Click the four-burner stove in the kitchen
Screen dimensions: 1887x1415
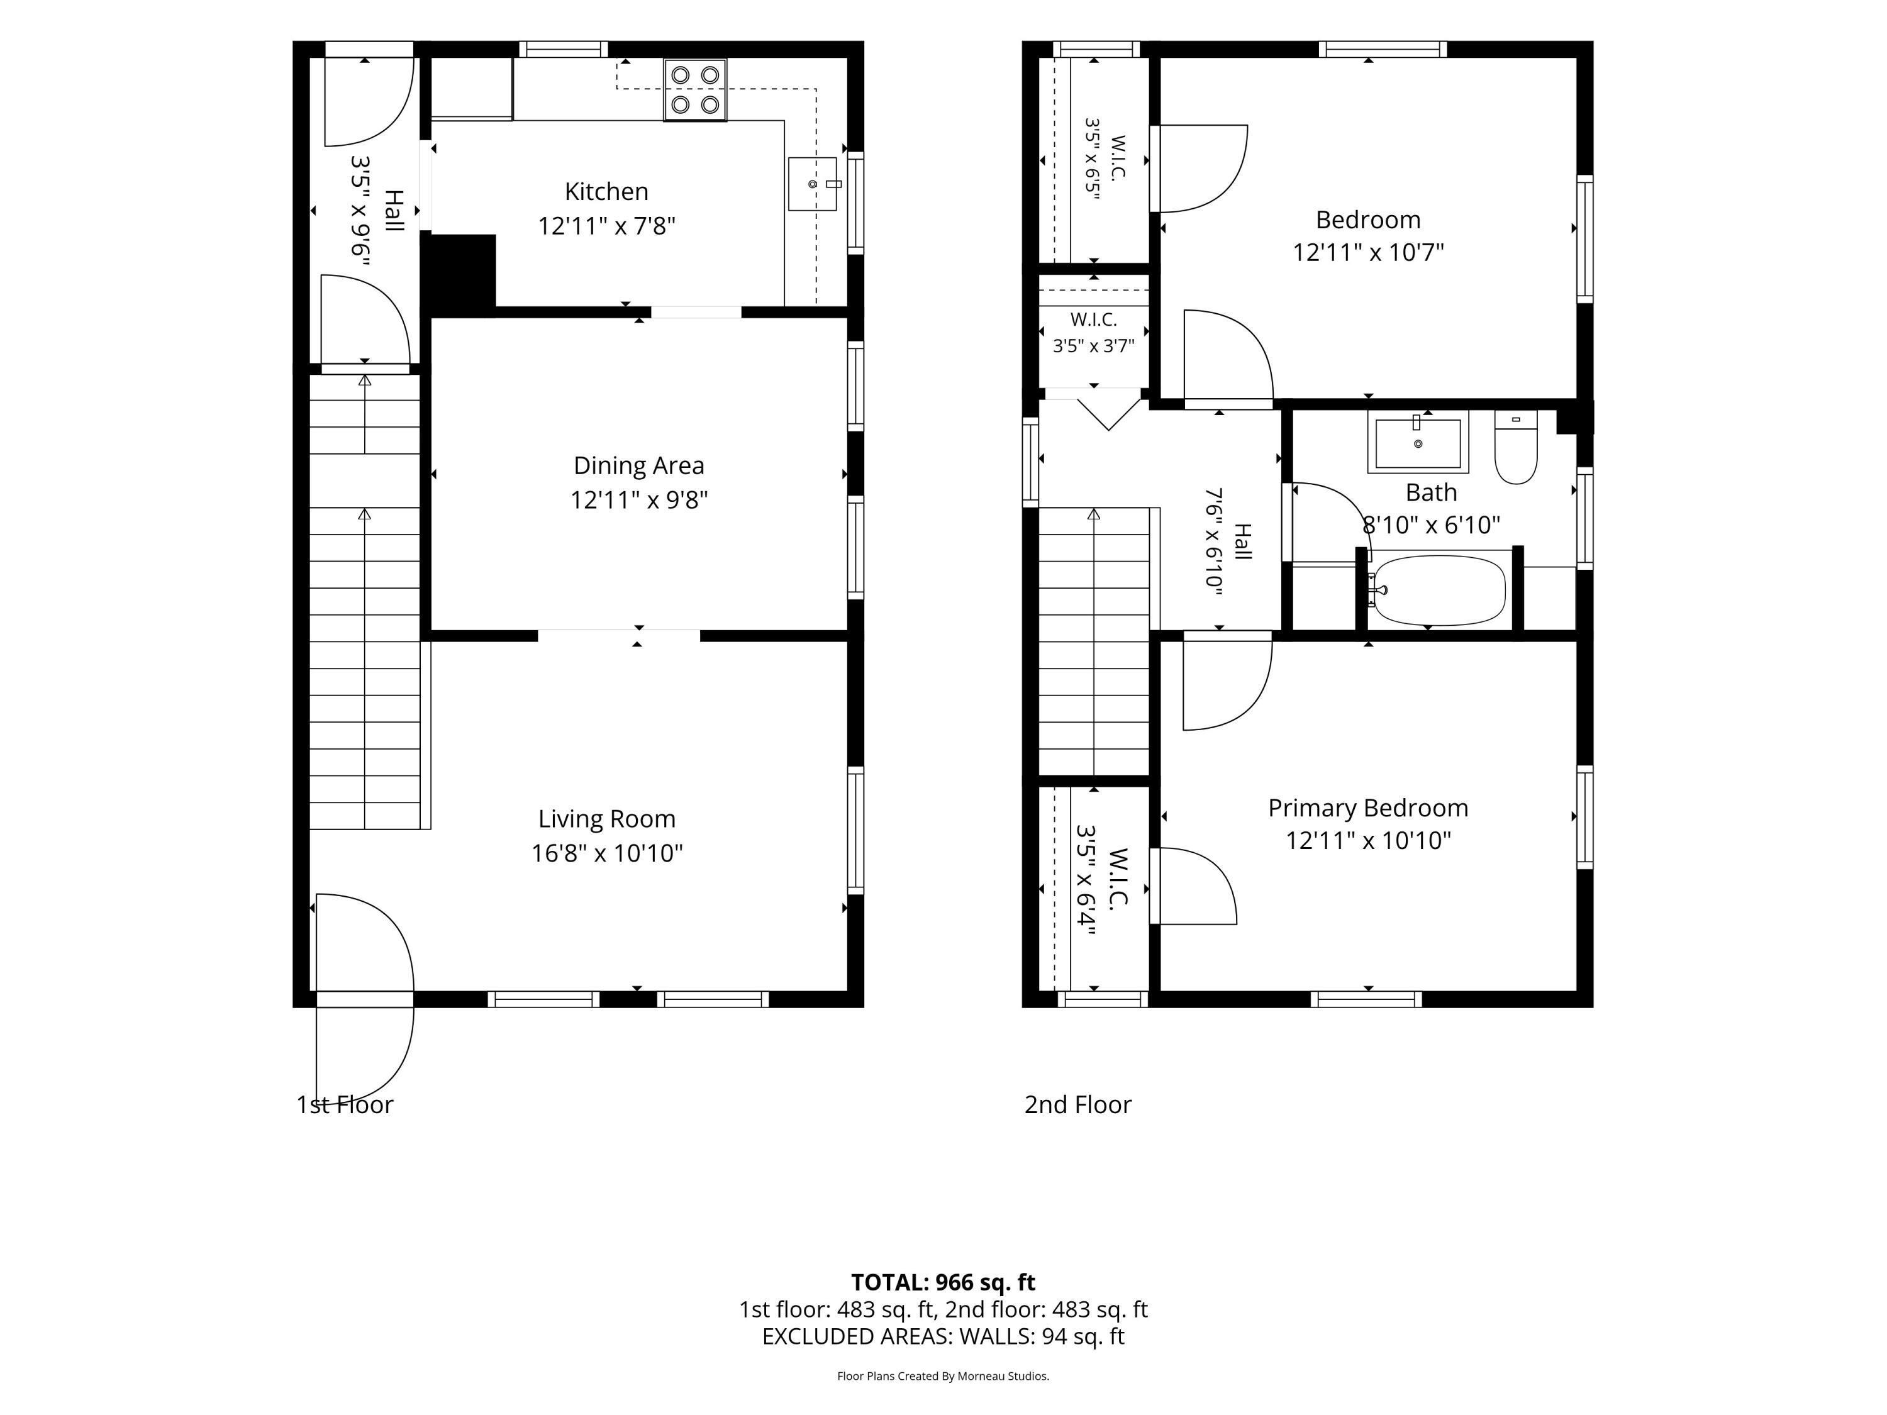tap(695, 89)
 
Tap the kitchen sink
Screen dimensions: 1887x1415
tap(812, 184)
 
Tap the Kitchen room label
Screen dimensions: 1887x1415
tap(606, 191)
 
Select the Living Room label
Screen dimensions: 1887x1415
tap(606, 819)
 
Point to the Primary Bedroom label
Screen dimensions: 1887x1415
tap(1368, 807)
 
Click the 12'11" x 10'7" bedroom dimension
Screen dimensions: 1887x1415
tap(1368, 252)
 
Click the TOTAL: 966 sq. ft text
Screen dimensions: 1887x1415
tap(943, 1282)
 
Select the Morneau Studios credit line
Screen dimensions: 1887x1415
tap(943, 1376)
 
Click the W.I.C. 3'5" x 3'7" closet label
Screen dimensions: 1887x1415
tap(1094, 333)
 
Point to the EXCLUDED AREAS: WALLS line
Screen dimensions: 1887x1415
tap(943, 1336)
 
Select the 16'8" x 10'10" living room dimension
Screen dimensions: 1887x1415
tap(606, 853)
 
